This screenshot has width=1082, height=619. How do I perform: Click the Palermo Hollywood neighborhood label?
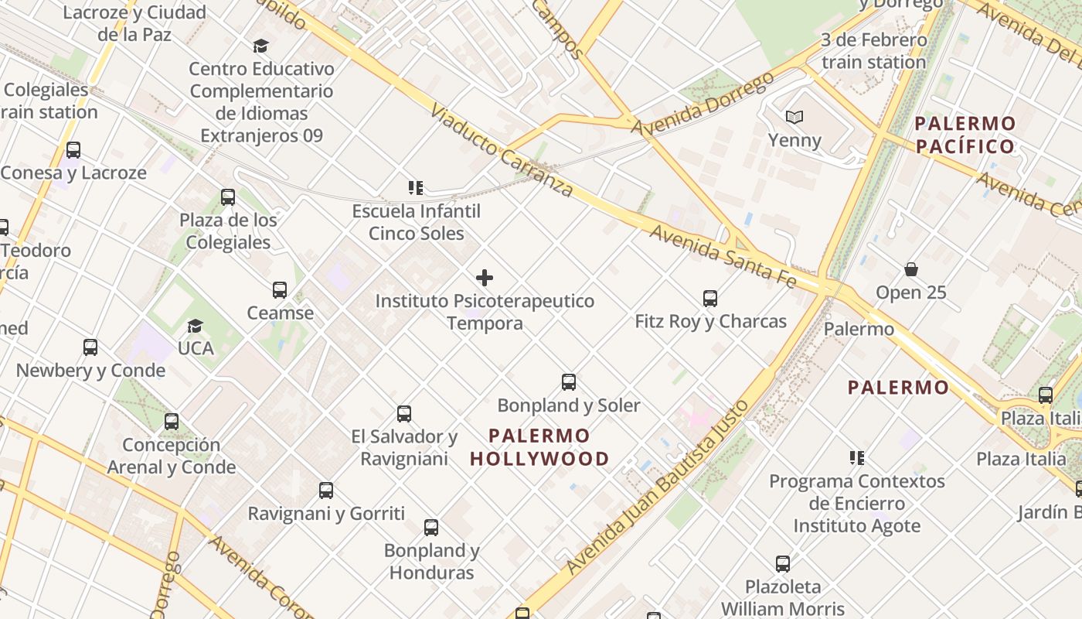539,447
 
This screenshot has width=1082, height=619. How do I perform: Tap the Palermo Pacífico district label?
965,135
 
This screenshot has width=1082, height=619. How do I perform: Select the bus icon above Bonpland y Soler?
569,381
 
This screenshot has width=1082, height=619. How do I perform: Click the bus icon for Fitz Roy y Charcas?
709,298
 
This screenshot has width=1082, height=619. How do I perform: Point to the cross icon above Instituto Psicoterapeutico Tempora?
485,278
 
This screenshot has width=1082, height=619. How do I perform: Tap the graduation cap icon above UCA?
195,326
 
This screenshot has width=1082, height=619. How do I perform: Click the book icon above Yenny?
794,118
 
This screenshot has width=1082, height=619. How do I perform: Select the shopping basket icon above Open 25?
911,269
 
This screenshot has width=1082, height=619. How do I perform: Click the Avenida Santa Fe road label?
722,256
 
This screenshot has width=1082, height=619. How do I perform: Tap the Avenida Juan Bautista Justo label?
658,487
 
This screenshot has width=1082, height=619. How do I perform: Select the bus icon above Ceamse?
280,290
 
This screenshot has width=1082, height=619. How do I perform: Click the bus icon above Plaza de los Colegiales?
227,197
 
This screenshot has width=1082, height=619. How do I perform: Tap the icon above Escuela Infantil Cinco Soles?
416,188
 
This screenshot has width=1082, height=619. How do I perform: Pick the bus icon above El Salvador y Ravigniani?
403,413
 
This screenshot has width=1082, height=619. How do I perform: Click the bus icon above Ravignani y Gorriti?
326,490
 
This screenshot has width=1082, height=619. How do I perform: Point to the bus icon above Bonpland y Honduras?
431,528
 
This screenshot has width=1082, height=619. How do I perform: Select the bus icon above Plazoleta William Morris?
783,563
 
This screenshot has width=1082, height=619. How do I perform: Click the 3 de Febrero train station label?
873,51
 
